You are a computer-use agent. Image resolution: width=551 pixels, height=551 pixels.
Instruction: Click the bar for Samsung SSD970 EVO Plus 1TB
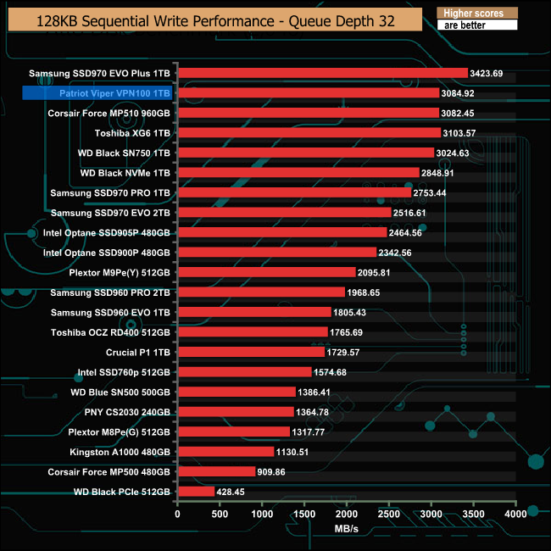[322, 73]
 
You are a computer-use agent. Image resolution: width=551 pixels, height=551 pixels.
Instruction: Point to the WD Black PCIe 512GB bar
[196, 491]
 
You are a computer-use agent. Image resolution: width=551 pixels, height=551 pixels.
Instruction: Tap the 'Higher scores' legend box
[476, 14]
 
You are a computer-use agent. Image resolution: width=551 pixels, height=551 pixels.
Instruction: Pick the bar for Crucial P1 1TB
[250, 352]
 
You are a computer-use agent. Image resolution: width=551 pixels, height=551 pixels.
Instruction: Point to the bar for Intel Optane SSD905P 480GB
[281, 232]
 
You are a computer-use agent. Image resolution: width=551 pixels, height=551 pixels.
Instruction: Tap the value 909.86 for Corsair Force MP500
[276, 471]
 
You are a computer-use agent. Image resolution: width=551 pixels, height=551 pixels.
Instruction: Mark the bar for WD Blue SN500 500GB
[237, 392]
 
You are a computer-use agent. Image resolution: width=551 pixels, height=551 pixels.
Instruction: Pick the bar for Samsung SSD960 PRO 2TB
[261, 292]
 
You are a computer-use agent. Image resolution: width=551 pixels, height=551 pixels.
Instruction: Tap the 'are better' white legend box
[476, 25]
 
